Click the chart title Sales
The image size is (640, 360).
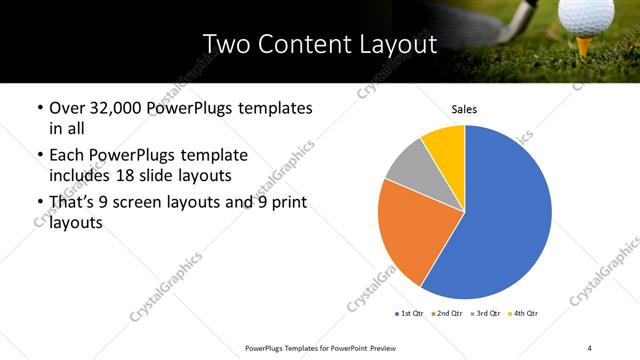click(464, 108)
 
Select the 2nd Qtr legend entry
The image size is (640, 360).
click(446, 314)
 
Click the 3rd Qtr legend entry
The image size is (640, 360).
click(485, 314)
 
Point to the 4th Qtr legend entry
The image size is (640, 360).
click(524, 314)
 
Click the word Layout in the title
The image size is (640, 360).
click(396, 44)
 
